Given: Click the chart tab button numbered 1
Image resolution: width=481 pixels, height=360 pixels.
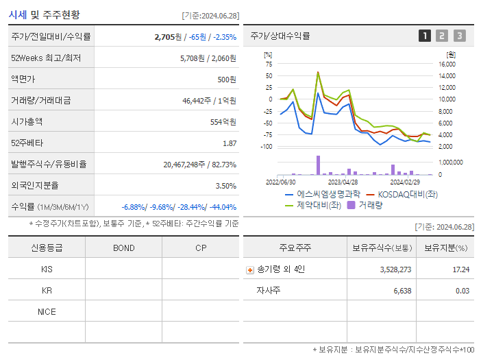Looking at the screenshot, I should (425, 36).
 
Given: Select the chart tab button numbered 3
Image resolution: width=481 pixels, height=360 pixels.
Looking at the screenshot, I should (459, 36).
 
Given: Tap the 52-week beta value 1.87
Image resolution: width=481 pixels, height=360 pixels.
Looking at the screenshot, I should (230, 143).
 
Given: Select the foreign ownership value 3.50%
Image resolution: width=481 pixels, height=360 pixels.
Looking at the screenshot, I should (225, 186).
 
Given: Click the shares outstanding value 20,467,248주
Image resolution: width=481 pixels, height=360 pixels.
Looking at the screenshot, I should (189, 165).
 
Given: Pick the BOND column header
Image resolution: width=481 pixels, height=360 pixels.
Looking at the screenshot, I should (123, 248).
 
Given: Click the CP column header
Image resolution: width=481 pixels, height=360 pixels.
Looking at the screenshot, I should (200, 248).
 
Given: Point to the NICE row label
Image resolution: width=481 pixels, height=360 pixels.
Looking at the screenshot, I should (47, 311).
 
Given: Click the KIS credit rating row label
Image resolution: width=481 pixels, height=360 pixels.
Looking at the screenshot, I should (47, 269).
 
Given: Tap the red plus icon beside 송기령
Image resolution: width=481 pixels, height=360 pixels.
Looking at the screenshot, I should (250, 269).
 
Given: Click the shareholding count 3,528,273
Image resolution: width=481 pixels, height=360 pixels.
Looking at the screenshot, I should (395, 269).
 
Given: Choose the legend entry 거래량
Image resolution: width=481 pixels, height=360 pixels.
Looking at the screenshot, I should (369, 204).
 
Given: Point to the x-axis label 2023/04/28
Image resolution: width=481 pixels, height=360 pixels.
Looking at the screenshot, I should (343, 182).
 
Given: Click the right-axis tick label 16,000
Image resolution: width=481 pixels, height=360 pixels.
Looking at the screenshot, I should (447, 64).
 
